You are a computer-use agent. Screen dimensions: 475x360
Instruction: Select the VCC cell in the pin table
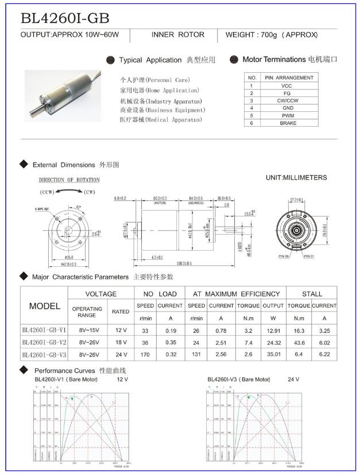[287, 85]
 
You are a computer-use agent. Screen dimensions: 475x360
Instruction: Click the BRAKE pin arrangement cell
[288, 123]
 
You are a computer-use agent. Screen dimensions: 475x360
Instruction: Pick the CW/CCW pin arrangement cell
[288, 100]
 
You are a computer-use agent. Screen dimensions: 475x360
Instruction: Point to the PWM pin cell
[288, 115]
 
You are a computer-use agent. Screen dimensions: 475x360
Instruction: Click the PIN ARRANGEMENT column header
[288, 77]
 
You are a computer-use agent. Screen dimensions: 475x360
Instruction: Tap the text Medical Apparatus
[162, 120]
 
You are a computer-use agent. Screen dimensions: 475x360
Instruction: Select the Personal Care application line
[154, 80]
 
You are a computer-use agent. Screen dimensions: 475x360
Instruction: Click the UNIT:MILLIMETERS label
[296, 178]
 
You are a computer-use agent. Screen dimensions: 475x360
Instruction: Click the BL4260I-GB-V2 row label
[44, 342]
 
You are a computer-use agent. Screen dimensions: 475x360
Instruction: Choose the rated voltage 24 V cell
[121, 355]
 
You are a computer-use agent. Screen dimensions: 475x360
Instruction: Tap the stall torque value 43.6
[299, 342]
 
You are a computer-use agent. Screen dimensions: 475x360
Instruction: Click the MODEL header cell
[44, 306]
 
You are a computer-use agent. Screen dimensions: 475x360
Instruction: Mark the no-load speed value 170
[145, 355]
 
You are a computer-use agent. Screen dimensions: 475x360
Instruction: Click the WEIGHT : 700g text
[271, 35]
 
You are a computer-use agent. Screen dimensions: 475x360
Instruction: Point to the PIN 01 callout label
[309, 256]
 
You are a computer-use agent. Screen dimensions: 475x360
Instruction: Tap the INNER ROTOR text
[177, 35]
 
